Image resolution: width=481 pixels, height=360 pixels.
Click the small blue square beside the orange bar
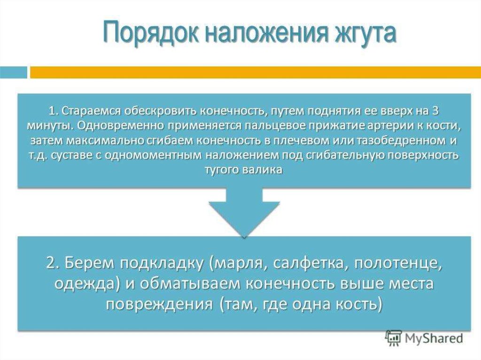coord(14,72)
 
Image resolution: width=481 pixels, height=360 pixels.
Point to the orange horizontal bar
coord(255,72)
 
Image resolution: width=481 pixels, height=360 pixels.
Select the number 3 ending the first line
coord(434,111)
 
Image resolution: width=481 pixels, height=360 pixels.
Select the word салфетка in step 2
coord(308,264)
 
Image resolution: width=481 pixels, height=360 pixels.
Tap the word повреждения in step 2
coord(160,305)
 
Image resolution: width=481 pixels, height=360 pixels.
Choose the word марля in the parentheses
coord(238,264)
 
